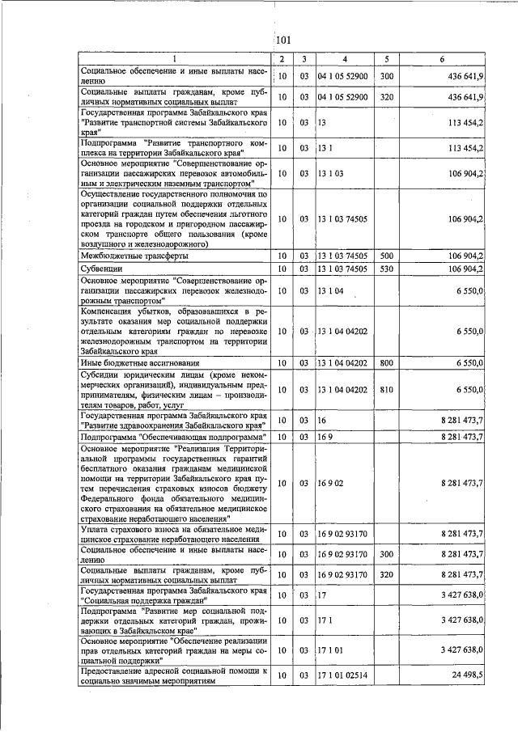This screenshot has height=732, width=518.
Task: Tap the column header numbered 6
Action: pos(441,60)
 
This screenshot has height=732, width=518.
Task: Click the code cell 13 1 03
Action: pos(330,173)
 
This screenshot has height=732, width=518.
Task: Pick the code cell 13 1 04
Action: pos(330,290)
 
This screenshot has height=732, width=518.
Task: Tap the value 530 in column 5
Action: pos(386,269)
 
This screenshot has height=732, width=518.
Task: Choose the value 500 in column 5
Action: pos(386,256)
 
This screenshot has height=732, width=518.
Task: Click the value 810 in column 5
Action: pos(386,390)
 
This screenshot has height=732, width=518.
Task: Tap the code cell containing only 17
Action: pos(321,595)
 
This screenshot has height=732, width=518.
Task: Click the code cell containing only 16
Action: pos(321,421)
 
